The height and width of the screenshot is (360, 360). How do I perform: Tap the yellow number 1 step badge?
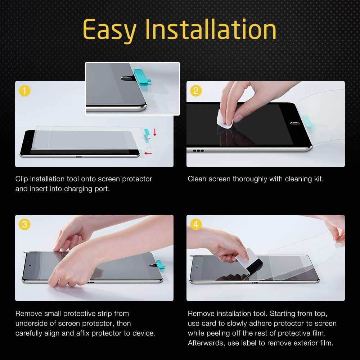[24, 91]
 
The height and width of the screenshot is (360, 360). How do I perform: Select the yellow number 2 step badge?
[195, 91]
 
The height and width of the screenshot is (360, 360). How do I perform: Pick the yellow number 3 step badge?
[24, 225]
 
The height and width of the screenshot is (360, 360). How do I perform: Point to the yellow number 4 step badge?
[195, 225]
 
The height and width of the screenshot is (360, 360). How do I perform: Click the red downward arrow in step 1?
[155, 132]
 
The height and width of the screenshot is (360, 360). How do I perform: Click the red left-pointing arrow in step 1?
[148, 153]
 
